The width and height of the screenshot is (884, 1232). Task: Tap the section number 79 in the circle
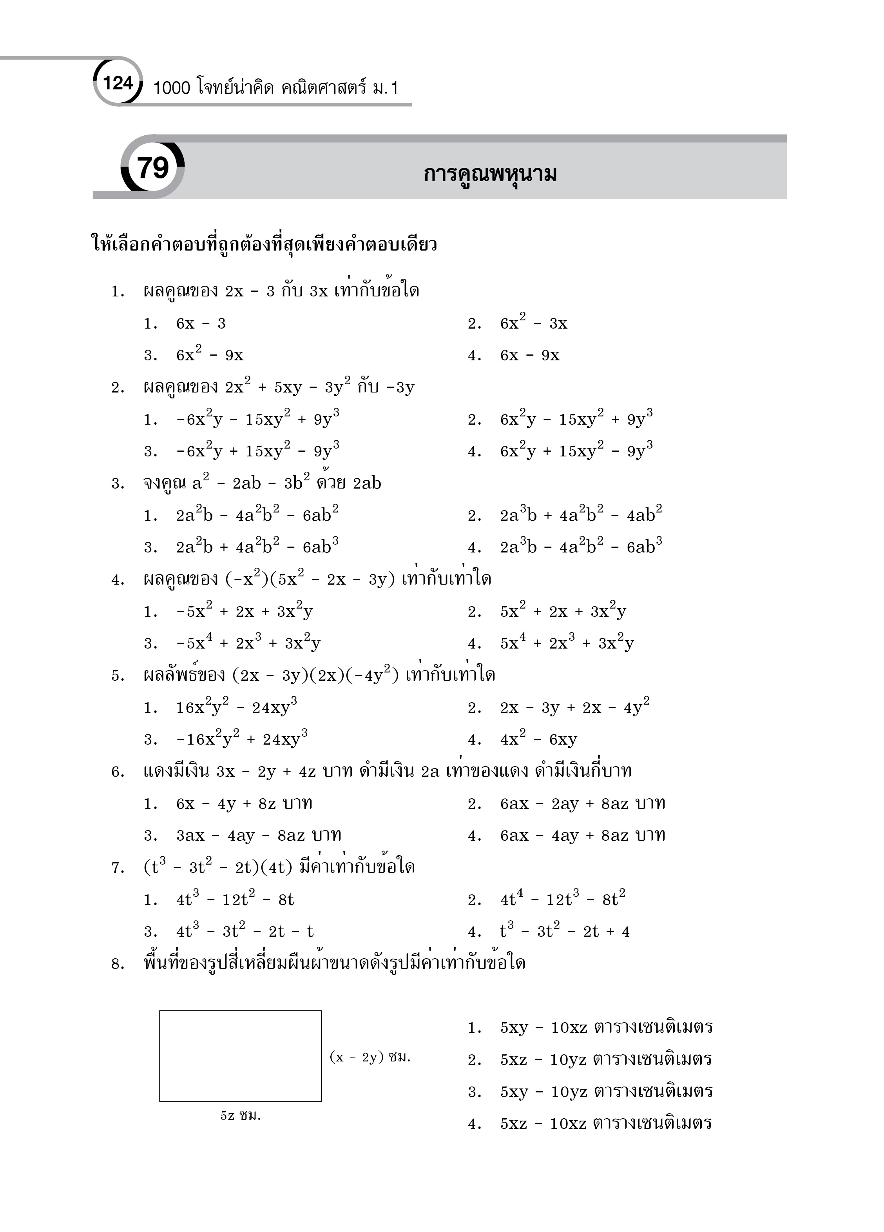click(152, 167)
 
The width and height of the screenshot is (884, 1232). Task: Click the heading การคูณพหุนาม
click(490, 174)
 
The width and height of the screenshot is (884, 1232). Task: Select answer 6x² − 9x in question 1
click(210, 355)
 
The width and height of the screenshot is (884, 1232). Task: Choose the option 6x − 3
click(200, 324)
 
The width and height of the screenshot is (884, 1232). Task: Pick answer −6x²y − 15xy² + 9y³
click(257, 419)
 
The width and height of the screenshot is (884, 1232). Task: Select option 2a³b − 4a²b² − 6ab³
click(580, 547)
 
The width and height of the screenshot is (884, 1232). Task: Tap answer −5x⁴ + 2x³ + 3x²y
click(248, 643)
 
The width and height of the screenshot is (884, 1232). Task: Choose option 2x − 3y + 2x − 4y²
click(574, 708)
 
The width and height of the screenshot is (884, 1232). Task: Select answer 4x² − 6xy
click(538, 739)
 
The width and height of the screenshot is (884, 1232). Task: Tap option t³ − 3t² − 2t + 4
click(564, 932)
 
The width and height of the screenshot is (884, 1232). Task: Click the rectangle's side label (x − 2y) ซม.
click(370, 1057)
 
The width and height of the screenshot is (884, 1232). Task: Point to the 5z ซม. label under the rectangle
click(241, 1116)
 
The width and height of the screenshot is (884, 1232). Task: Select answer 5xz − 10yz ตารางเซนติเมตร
click(605, 1059)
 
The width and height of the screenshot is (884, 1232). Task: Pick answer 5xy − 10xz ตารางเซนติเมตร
click(606, 1027)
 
